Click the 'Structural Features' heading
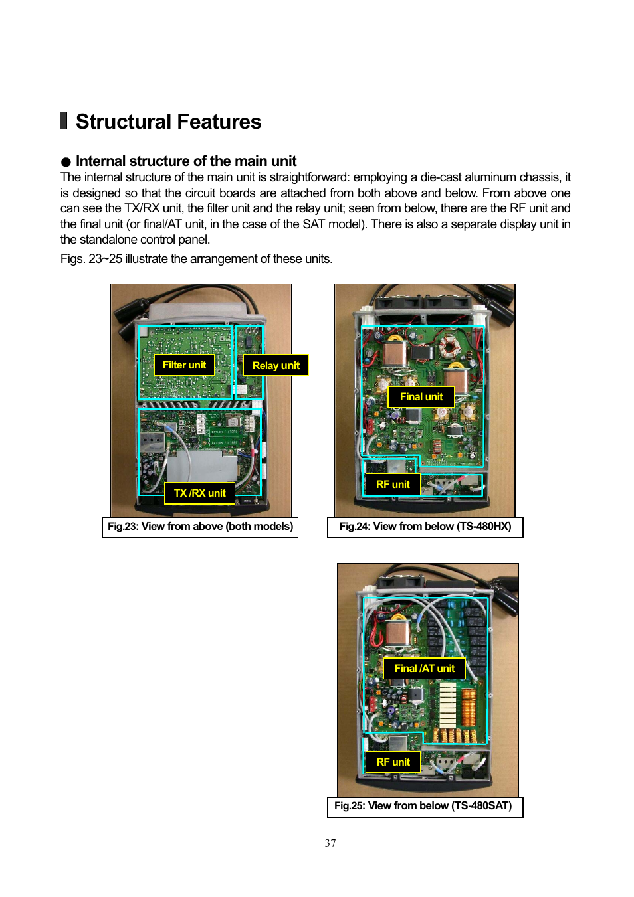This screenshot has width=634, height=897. (168, 122)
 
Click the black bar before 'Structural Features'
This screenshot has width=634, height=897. (64, 121)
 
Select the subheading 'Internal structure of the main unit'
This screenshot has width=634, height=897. (186, 161)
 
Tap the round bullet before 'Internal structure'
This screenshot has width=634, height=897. (66, 162)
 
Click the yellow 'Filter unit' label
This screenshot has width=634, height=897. (184, 365)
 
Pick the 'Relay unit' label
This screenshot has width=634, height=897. (276, 365)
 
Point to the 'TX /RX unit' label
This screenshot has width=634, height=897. (199, 493)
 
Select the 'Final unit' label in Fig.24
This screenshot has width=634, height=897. (421, 396)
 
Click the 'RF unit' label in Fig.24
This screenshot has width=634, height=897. (393, 485)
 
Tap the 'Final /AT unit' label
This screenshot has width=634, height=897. (424, 668)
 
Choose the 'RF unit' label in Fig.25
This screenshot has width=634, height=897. (393, 762)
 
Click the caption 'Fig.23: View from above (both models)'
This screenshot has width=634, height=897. (200, 527)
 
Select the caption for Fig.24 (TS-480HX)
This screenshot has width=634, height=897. (425, 527)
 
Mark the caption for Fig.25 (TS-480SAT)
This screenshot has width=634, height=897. (423, 806)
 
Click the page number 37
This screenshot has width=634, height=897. (330, 843)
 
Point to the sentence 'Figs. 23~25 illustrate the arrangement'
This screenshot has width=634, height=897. (196, 259)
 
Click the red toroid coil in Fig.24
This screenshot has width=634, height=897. (451, 345)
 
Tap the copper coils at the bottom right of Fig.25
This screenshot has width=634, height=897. (468, 704)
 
